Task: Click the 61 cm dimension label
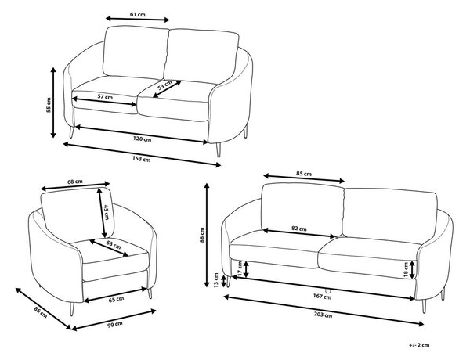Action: click(138, 14)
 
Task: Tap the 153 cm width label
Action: click(142, 159)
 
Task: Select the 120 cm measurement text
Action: click(142, 139)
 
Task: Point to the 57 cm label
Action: click(105, 97)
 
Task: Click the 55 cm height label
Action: click(49, 105)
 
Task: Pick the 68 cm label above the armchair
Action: click(75, 182)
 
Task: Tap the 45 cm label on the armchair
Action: click(107, 212)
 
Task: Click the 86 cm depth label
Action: click(41, 311)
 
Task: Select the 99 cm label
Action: click(115, 324)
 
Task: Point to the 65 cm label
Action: click(116, 299)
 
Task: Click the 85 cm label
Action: click(304, 174)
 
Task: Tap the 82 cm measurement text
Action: click(299, 229)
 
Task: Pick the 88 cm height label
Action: click(202, 235)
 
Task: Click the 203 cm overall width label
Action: click(323, 315)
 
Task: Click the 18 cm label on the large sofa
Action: click(406, 270)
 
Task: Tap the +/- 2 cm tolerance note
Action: click(419, 345)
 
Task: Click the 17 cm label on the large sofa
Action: click(240, 268)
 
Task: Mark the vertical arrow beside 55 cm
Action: click(53, 103)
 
